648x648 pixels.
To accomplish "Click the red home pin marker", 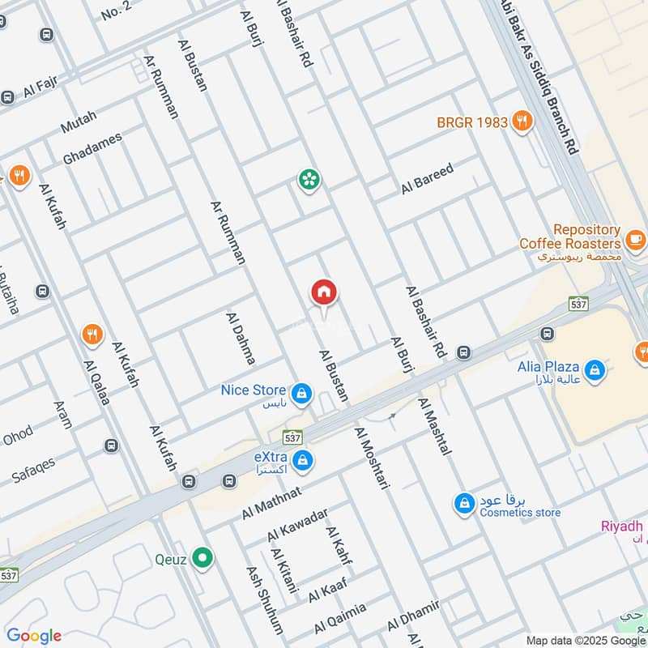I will tap(324, 292).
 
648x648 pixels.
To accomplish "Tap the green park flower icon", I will tap(308, 180).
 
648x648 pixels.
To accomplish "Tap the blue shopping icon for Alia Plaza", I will tap(595, 371).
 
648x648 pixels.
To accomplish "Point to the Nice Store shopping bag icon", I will tap(301, 394).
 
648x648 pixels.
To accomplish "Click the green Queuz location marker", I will tap(205, 558).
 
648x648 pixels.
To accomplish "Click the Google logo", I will tap(34, 636).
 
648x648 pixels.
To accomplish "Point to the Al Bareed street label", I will tap(427, 178).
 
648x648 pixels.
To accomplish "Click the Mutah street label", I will tap(78, 123).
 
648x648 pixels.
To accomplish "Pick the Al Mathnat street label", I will tap(271, 503).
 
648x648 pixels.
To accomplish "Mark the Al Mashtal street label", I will tap(434, 426).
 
